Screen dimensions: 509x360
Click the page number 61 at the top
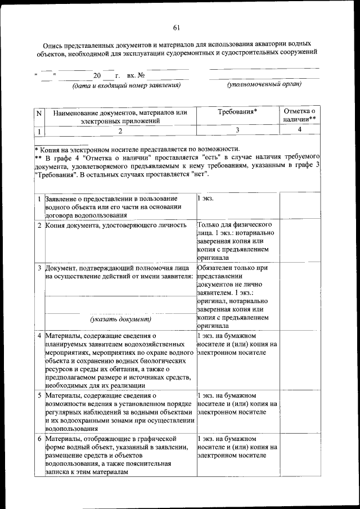point(176,28)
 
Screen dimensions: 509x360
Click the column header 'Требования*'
point(237,111)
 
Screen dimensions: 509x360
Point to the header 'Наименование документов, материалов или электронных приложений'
point(120,116)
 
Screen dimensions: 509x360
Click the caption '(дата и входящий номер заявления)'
point(125,85)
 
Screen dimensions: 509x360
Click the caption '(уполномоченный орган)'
point(264,85)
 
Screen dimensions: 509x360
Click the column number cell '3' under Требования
point(237,130)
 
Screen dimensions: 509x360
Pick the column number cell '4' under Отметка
point(299,129)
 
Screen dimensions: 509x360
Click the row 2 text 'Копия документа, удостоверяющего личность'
point(116,226)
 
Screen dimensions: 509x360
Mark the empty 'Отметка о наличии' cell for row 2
point(299,241)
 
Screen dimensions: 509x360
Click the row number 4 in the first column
point(39,336)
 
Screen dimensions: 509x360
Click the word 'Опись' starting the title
point(53,44)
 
